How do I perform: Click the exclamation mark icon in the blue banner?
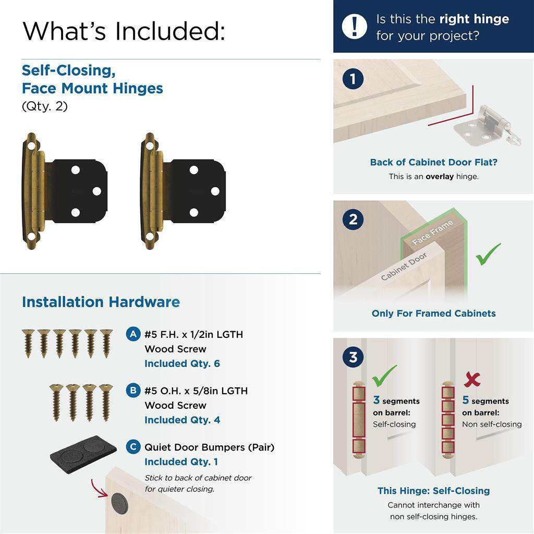(355, 26)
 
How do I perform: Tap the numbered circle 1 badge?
(354, 79)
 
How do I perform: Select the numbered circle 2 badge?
(354, 219)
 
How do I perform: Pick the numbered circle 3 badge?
(354, 358)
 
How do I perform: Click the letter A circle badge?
(133, 334)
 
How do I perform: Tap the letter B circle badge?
(133, 391)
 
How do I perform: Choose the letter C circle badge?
(133, 447)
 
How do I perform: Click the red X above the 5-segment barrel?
(472, 379)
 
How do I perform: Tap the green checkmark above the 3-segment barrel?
(384, 374)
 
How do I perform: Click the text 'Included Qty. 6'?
(182, 363)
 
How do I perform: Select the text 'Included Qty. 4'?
(182, 420)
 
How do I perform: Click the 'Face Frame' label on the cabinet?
(433, 233)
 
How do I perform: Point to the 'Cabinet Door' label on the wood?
(404, 266)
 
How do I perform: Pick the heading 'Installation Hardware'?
(101, 302)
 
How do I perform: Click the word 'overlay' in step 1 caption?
(440, 176)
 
